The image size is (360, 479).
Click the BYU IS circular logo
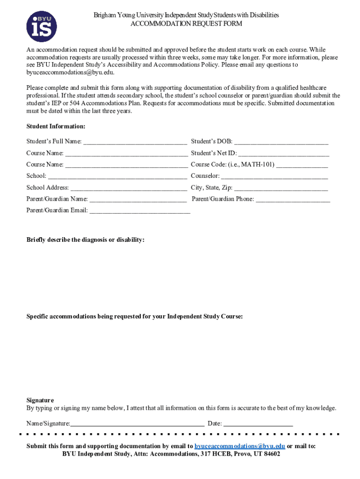click(x=42, y=27)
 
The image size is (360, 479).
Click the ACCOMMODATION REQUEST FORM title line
click(x=186, y=23)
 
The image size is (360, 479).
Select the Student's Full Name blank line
click(x=135, y=142)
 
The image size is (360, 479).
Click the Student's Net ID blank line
click(x=284, y=153)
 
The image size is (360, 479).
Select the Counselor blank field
click(x=274, y=176)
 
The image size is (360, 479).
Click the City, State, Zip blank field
click(x=281, y=188)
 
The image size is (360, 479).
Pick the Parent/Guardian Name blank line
click(x=138, y=199)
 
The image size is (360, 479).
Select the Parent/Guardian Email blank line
click(x=140, y=211)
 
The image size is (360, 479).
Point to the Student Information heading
click(x=56, y=126)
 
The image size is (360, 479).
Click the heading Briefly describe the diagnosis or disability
click(x=85, y=240)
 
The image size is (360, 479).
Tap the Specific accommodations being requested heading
click(x=134, y=317)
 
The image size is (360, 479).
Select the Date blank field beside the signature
click(x=258, y=424)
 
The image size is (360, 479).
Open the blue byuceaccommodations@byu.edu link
click(x=240, y=446)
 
